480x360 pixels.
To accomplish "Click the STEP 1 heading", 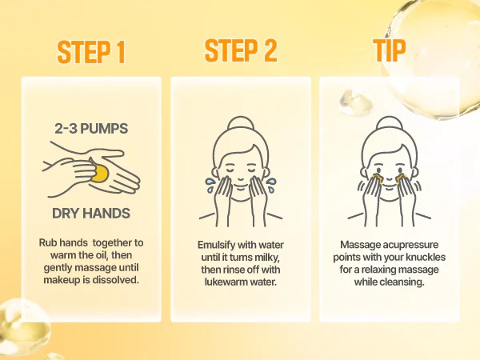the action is (91, 52).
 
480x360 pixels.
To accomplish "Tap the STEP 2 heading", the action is (241, 50).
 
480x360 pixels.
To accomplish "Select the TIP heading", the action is (389, 50).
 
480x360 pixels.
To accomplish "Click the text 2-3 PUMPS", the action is (91, 129).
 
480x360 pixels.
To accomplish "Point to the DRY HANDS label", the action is (91, 214).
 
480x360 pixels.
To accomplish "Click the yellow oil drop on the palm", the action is (100, 173).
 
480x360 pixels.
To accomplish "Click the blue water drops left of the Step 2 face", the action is (210, 186).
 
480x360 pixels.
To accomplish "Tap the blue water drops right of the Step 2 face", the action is (271, 186).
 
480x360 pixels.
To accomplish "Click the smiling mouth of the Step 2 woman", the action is (241, 186).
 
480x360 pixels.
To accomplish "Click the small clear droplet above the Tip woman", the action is (355, 102).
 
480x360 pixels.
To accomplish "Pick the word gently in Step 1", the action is (58, 268).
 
